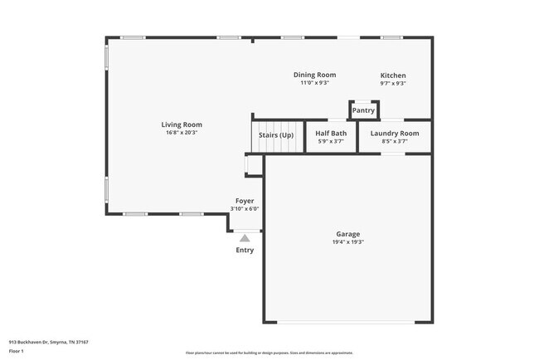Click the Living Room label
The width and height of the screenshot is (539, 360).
182,124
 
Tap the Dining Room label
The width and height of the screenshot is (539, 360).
314,75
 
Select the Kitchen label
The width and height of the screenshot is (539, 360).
393,75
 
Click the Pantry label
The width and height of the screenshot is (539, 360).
363,110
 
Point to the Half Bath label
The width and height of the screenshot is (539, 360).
330,134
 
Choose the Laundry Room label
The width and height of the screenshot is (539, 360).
394,134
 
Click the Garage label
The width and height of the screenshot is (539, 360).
347,234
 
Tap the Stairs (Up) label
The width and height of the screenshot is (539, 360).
275,134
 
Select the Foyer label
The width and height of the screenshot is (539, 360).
245,201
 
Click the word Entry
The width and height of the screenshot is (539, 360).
245,250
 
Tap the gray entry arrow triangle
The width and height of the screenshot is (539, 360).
245,238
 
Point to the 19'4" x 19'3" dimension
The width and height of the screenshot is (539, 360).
347,242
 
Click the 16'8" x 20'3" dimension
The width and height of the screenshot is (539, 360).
182,133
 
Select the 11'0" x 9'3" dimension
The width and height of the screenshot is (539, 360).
314,83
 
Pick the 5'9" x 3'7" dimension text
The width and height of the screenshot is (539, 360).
330,142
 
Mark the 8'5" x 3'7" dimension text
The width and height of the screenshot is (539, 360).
394,142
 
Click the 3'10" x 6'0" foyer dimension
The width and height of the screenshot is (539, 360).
245,209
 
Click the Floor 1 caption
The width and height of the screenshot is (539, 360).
17,351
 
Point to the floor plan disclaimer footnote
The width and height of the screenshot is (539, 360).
269,353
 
